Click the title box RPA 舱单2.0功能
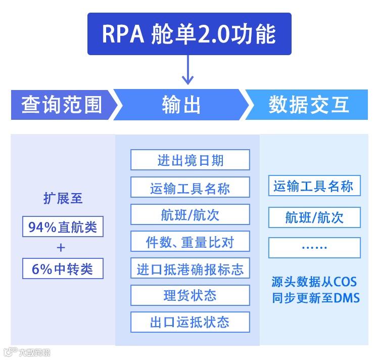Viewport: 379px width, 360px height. point(189,33)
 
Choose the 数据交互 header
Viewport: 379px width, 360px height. point(309,105)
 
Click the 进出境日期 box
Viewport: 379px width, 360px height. point(190,160)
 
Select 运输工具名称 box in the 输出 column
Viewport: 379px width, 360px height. point(190,188)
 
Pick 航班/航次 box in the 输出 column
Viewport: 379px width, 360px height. point(190,214)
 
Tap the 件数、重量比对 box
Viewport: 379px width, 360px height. point(190,242)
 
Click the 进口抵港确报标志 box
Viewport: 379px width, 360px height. point(190,268)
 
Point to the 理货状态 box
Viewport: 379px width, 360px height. point(190,295)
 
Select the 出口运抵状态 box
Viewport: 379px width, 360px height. point(190,322)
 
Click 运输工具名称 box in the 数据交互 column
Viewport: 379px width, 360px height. point(314,186)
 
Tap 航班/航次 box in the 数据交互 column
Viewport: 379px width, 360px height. point(314,217)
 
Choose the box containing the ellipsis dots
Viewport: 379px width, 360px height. point(314,248)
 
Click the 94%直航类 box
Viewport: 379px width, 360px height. point(63,227)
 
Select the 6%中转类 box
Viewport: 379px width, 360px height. point(63,268)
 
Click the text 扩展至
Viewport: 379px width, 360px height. point(63,198)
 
